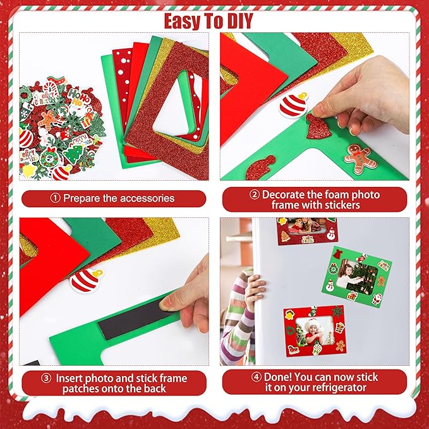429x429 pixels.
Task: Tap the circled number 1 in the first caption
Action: pos(55,198)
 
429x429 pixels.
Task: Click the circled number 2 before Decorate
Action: pos(255,195)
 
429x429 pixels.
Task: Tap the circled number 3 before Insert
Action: pos(46,378)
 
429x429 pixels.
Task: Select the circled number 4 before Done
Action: pos(256,377)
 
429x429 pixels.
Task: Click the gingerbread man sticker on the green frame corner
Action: pos(360,159)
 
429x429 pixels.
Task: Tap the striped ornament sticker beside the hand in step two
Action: pos(294,105)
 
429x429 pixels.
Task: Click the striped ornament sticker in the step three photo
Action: pos(86,280)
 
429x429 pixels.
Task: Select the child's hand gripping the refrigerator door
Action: pos(255,289)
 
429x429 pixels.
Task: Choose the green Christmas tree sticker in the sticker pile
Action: pos(73,154)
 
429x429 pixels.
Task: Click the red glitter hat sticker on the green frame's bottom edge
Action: pos(261,168)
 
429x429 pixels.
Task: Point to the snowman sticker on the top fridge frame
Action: pos(331,234)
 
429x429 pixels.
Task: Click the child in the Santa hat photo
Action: pos(315,332)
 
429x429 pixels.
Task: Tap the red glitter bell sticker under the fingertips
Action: pos(318,126)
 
